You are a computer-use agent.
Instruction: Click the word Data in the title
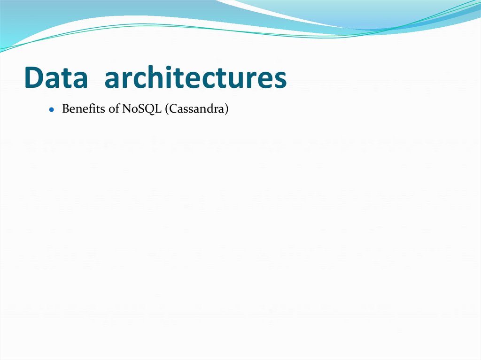coord(56,78)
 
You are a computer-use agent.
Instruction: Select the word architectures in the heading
coord(195,78)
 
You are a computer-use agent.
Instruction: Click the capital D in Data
coord(33,78)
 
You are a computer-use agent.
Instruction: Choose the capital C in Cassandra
coord(172,109)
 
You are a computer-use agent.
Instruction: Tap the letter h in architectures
coord(159,77)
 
